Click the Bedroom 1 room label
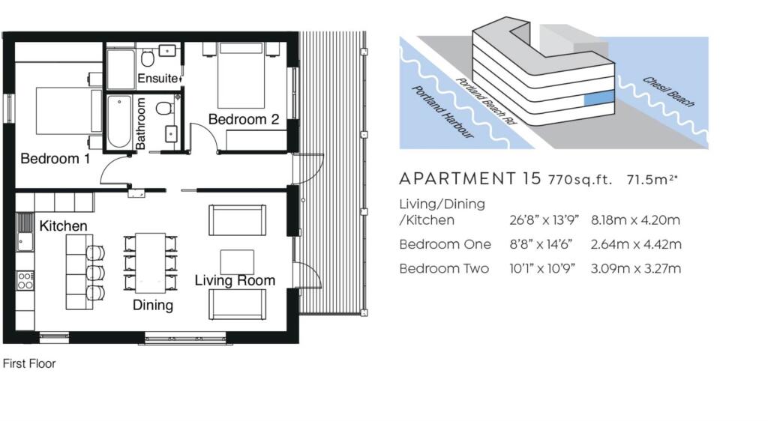pos(55,159)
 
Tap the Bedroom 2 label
pos(244,119)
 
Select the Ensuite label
pos(157,78)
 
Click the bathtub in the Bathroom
pos(119,122)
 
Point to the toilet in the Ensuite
pos(148,58)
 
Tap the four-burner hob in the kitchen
pos(25,281)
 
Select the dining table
pos(150,263)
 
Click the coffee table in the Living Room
pos(237,262)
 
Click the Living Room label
pos(235,281)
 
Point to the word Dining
pos(153,306)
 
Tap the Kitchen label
pos(63,226)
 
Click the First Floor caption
pos(29,364)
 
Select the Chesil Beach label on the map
pos(668,92)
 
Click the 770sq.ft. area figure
pos(580,180)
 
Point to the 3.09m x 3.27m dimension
pos(636,268)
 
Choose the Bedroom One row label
pos(445,244)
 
